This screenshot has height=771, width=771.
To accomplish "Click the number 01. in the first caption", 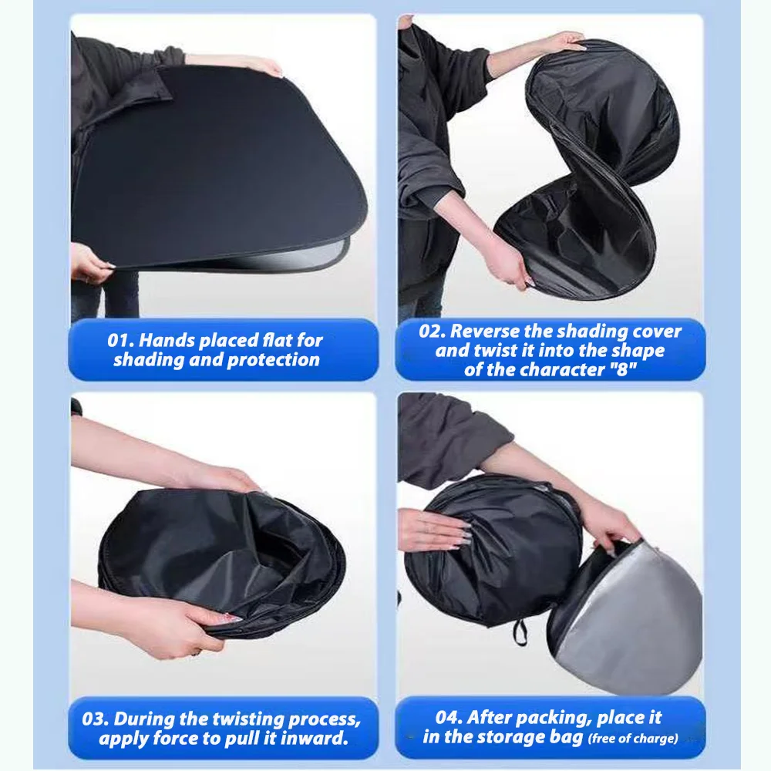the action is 120,340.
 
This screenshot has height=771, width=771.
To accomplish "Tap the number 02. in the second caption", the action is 433,331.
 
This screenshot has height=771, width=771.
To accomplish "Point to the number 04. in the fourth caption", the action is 448,717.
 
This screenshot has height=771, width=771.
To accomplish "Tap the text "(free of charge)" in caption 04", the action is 633,739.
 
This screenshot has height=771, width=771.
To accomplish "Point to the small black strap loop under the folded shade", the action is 519,632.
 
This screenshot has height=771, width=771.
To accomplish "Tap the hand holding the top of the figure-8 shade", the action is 563,42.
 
